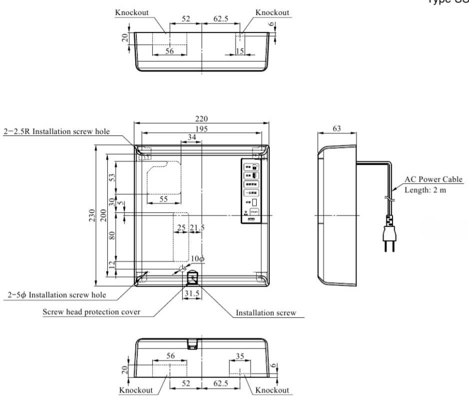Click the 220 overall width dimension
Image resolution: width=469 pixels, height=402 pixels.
click(x=202, y=120)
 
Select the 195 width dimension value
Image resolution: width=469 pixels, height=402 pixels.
click(x=202, y=129)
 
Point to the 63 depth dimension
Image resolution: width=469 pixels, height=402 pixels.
click(x=337, y=129)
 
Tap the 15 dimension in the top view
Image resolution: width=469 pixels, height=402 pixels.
click(x=240, y=51)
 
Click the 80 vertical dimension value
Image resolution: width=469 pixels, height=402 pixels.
click(x=112, y=235)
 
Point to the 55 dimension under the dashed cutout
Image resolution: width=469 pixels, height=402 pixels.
click(x=163, y=199)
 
